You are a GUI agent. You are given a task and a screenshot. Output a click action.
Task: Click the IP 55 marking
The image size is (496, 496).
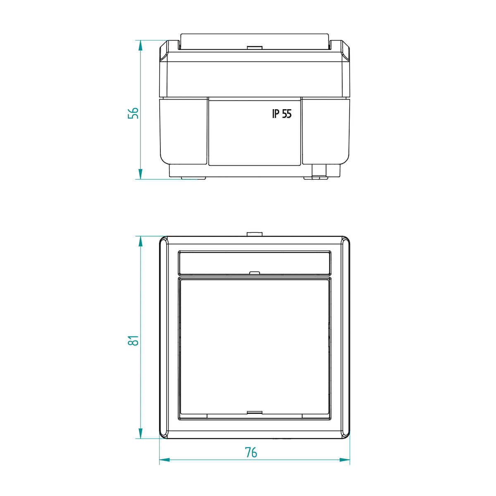pyautogui.click(x=282, y=114)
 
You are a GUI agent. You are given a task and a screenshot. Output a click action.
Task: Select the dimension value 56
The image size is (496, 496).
pyautogui.click(x=133, y=113)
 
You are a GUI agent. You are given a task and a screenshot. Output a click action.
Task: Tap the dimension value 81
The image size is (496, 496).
pyautogui.click(x=133, y=341)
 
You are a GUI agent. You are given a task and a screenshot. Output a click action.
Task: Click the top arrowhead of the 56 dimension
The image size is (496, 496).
pyautogui.click(x=140, y=45)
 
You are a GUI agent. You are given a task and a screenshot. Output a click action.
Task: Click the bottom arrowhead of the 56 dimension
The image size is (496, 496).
pyautogui.click(x=140, y=174)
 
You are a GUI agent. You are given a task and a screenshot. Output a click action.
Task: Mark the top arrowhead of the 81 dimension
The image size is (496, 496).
pyautogui.click(x=140, y=241)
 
